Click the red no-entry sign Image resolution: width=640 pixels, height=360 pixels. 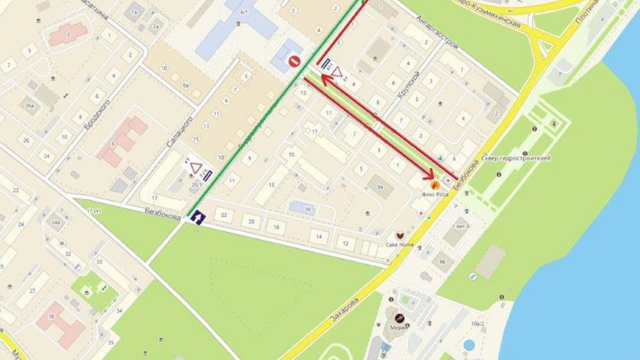[294, 62]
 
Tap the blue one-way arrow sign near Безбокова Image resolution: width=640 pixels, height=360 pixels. [196, 215]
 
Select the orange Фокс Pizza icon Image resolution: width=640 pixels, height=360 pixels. [433, 185]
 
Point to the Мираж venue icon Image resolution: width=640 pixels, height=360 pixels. [398, 318]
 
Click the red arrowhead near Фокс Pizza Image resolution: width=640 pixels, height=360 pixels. [431, 174]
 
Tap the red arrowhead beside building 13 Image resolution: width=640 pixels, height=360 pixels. [323, 79]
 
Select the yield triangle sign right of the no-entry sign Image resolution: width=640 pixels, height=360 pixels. [338, 71]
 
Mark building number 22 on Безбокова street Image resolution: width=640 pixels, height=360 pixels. [225, 215]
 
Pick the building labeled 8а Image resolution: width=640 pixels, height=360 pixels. [382, 189]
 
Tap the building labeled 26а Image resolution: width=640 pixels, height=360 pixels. [29, 107]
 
